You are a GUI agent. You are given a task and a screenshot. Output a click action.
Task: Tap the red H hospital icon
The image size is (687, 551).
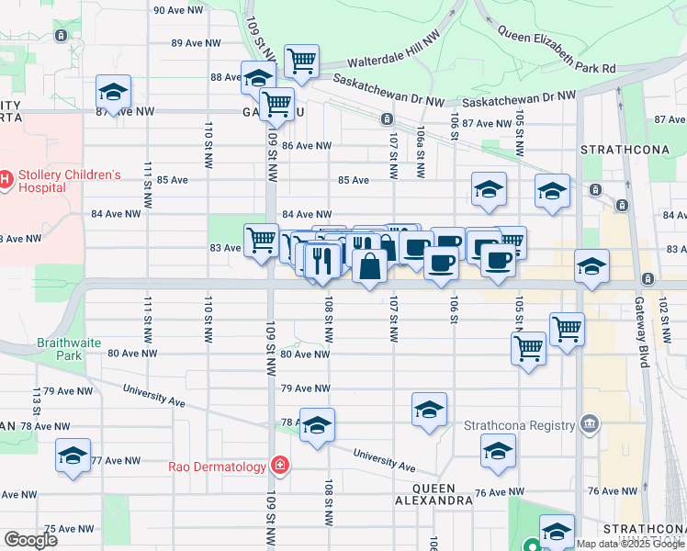(x=5, y=176)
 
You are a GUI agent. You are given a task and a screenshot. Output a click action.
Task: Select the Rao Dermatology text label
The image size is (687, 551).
(x=217, y=467)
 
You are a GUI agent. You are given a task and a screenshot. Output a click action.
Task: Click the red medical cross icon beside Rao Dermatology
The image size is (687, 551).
(x=279, y=467)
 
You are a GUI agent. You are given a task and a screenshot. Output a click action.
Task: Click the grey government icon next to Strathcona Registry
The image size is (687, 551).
(x=589, y=424)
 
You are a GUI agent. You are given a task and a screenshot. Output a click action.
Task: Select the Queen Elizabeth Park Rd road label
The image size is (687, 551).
(x=557, y=51)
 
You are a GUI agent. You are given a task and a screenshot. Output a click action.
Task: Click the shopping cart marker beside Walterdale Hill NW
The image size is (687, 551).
(x=301, y=62)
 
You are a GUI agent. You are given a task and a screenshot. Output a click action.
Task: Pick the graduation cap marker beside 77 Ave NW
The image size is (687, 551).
(x=73, y=455)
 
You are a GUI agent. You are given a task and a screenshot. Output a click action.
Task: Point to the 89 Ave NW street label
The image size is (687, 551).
(x=197, y=43)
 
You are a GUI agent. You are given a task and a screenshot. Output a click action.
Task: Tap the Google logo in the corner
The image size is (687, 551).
(x=30, y=539)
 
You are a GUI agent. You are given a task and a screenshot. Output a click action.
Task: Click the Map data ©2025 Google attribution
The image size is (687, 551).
(x=629, y=544)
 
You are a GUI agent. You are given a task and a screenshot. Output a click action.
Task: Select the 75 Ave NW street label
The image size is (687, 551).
(x=71, y=528)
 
